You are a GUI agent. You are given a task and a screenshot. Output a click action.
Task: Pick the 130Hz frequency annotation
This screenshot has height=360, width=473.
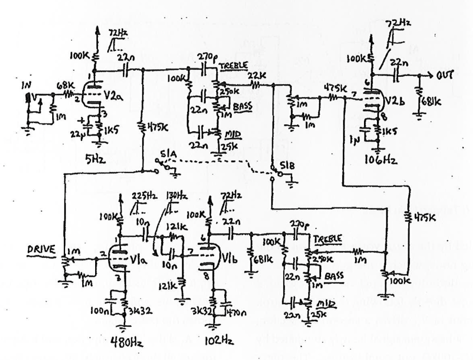[176, 195]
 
